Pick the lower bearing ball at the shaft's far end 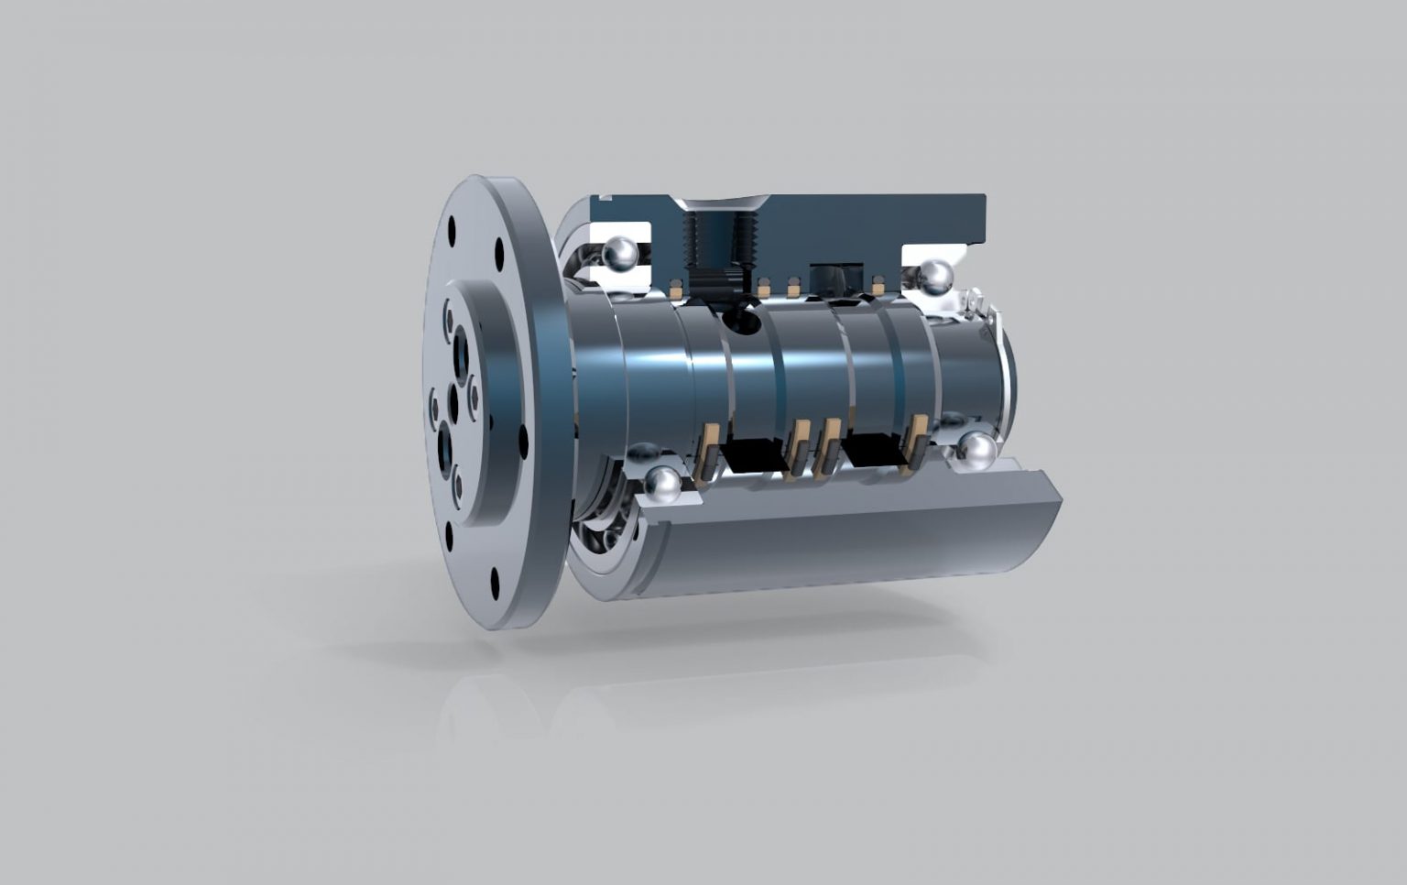tap(977, 452)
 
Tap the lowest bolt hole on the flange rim tap(496, 578)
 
